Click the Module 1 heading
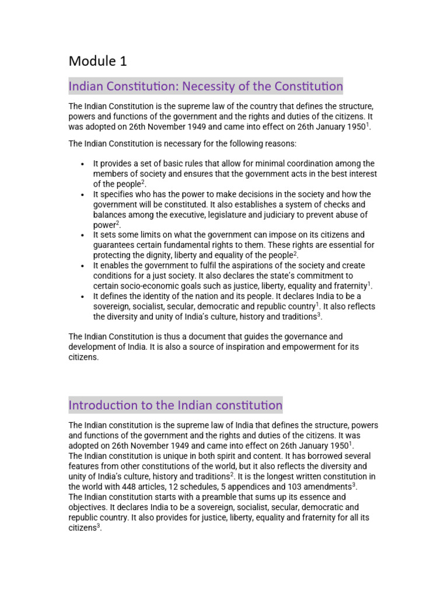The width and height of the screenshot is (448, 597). click(97, 61)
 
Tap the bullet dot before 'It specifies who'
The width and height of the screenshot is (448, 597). click(83, 194)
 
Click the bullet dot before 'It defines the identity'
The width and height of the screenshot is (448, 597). click(83, 297)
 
